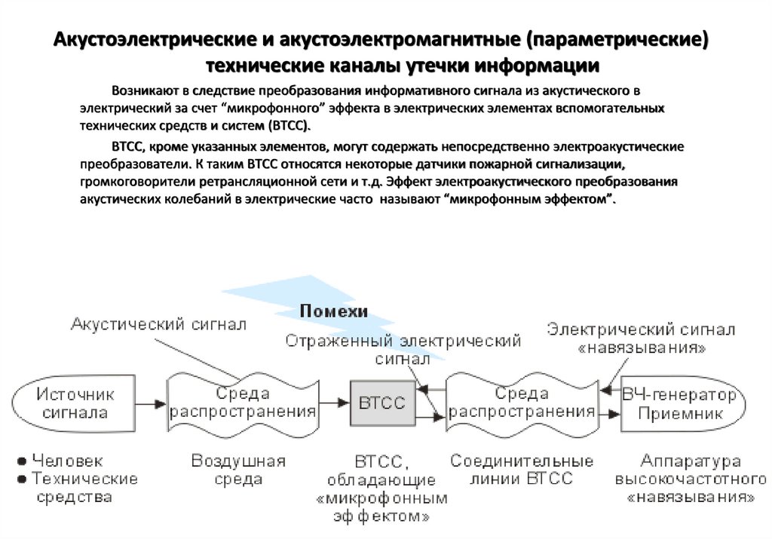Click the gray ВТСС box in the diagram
coord(382,403)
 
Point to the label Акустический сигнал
coord(158,324)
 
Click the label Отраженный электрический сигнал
coord(403,349)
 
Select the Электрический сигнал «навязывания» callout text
coord(641,338)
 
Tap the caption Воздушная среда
coord(238,470)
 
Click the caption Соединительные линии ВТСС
coord(522,470)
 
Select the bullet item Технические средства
coord(83,488)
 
